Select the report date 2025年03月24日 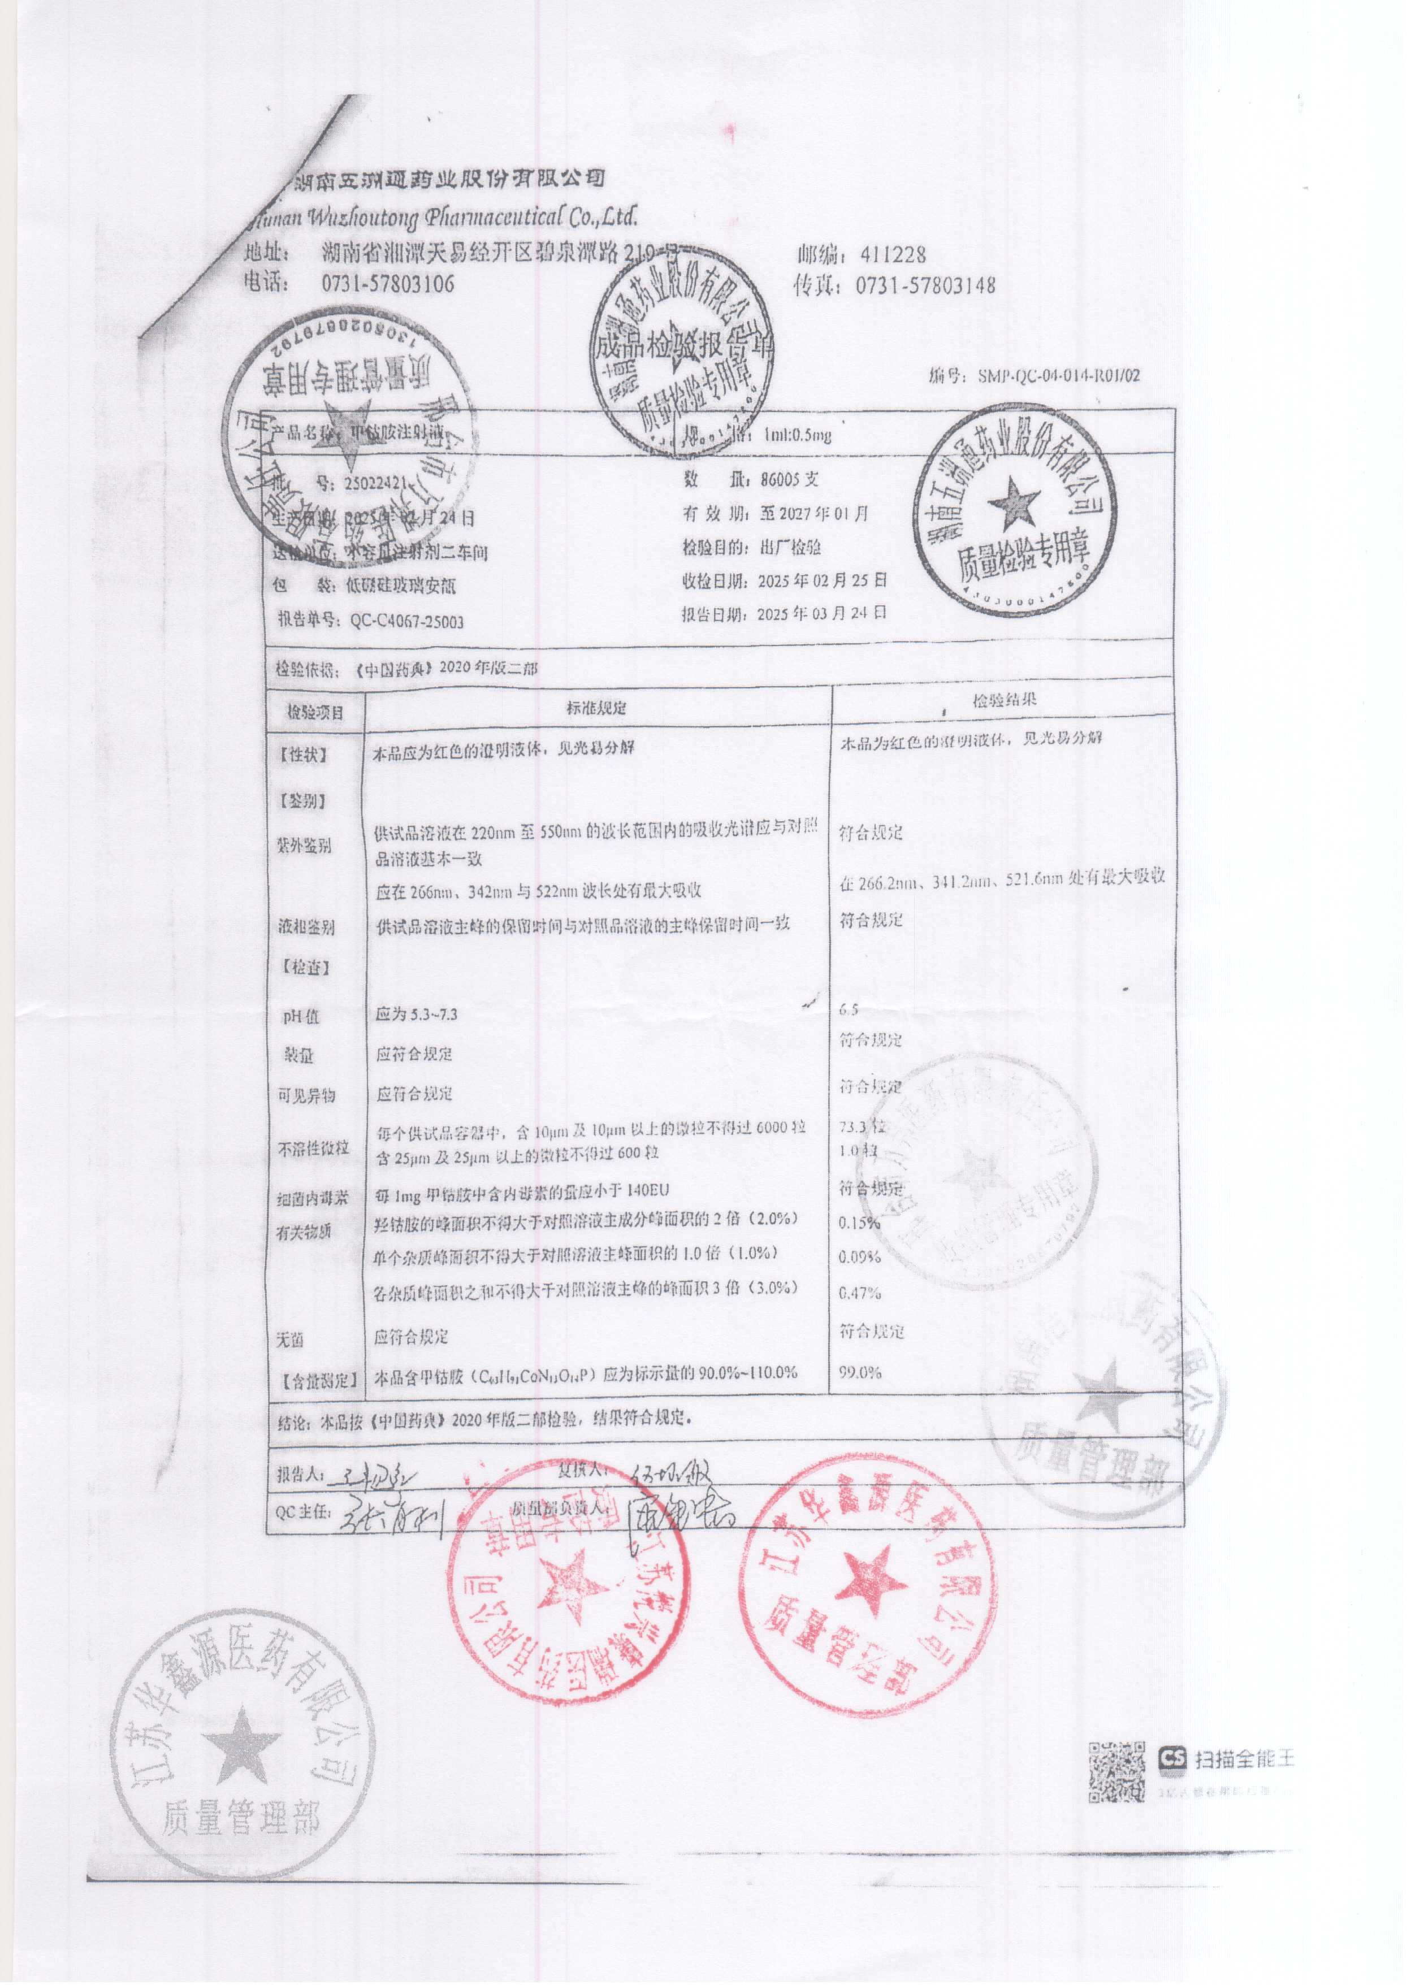(822, 613)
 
